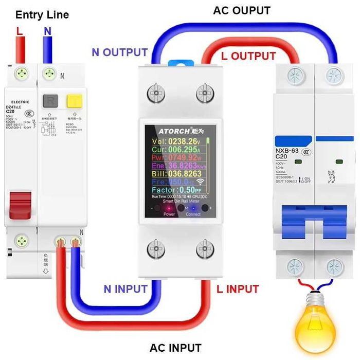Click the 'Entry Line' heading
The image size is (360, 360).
click(42, 14)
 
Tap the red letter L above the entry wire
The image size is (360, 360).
click(19, 31)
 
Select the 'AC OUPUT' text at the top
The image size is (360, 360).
click(242, 11)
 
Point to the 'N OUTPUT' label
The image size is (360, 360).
click(119, 52)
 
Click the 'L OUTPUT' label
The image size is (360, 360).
click(248, 56)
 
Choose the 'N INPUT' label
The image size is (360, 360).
click(125, 289)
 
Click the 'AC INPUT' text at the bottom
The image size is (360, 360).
click(175, 348)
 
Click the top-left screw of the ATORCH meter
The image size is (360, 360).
click(155, 93)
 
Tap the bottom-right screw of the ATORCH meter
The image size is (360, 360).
click(204, 250)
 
